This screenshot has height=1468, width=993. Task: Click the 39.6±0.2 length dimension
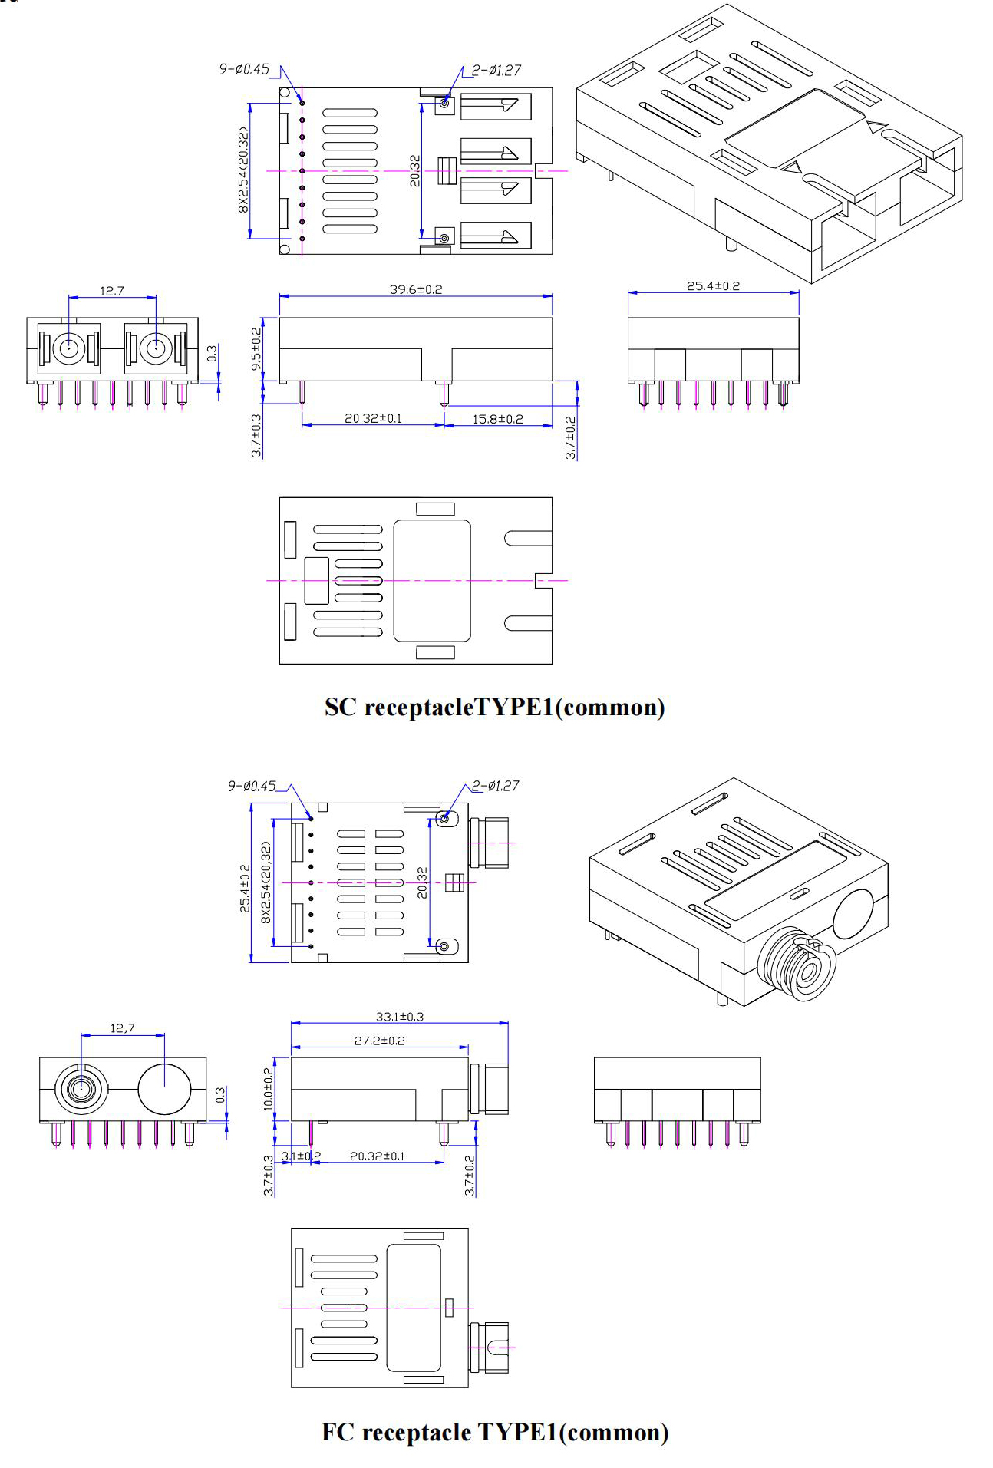pos(415,289)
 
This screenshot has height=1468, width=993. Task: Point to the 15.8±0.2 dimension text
pos(497,419)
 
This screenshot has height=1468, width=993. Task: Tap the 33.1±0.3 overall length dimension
pos(399,1017)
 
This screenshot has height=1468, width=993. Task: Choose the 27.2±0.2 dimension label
pos(379,1041)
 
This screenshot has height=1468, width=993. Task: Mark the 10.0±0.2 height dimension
pos(269,1088)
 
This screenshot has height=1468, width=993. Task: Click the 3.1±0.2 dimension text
pos(301,1156)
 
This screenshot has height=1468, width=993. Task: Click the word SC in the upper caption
pos(340,707)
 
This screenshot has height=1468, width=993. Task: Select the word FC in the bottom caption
pos(338,1432)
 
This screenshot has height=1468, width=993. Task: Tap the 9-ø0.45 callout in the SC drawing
pos(244,70)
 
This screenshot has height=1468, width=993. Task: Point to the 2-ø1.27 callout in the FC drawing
pos(495,786)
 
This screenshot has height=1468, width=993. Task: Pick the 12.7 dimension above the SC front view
pos(111,292)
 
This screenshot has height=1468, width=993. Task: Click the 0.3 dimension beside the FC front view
pos(221,1095)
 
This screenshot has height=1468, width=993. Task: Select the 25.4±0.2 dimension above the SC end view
pos(713,286)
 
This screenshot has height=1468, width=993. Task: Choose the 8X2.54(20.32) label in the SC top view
pos(244,170)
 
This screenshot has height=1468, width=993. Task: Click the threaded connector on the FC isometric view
pos(799,965)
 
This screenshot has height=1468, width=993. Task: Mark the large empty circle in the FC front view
pos(165,1088)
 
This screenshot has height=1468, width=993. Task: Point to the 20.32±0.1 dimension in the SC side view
pos(373,419)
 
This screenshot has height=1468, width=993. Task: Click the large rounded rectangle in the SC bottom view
pos(431,581)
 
